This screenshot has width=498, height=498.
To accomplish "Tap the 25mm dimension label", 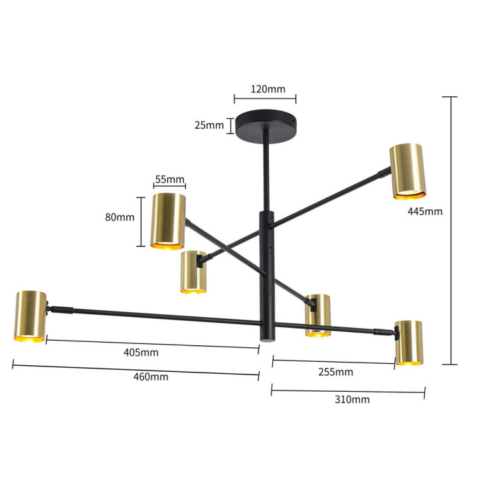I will point(209,125).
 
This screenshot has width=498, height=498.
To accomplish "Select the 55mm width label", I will point(169,179).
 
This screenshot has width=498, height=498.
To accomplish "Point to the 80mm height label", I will point(121,217).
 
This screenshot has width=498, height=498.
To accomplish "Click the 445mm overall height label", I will point(424,212).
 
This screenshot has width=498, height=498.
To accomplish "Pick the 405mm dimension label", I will point(141,353).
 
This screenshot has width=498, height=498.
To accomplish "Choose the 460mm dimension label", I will point(151,376).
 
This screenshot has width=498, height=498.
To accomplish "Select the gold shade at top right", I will point(406,171).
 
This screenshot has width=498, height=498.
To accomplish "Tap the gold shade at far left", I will point(31,316).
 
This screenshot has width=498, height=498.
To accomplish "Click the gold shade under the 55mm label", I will point(169,220).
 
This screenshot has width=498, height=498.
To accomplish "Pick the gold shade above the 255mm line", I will point(409,342).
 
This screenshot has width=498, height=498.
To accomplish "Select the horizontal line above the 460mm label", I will point(135,366).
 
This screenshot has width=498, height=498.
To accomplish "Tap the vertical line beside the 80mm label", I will point(141,222).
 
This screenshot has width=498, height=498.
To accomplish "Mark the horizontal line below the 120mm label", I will point(265,100).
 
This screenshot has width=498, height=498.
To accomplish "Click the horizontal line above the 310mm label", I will point(348,390).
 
